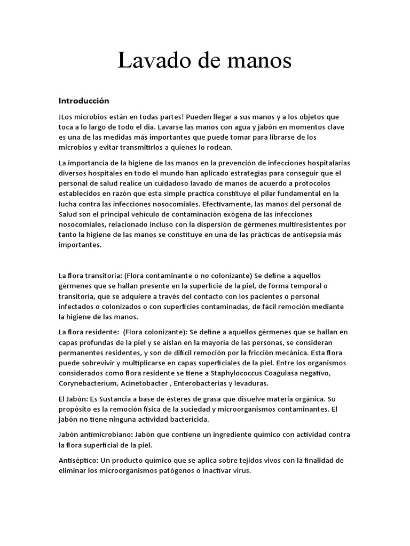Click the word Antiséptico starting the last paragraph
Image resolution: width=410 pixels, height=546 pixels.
77,460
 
